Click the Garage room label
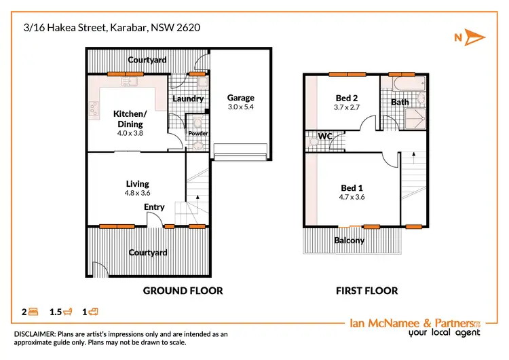coord(240,98)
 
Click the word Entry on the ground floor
coord(154,207)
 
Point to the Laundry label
coord(188,98)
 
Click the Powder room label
coord(197,133)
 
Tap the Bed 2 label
coord(346,98)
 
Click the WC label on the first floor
coord(325,137)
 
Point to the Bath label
coord(400,103)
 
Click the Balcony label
coord(349,240)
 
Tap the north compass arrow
coord(476,37)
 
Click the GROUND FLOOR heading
coord(183,291)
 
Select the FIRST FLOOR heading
coord(367,291)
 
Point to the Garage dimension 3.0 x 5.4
coord(240,107)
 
